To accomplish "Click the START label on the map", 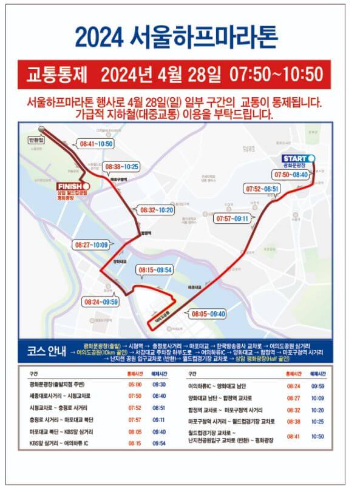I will (x=294, y=159).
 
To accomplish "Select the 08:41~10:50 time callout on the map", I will (x=96, y=144).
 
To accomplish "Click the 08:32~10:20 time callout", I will (x=156, y=210).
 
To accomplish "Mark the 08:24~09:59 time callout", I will (x=101, y=302).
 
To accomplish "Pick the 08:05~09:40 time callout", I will (x=208, y=314).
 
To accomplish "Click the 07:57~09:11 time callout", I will (x=233, y=218).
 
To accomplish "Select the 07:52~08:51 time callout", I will (x=262, y=189).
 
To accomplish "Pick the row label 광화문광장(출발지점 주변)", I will (x=56, y=385).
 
